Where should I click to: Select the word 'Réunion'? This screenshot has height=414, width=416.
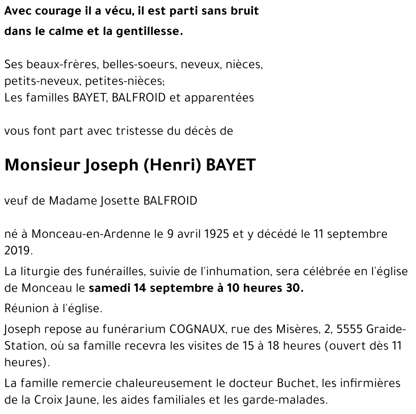tap(25, 309)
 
